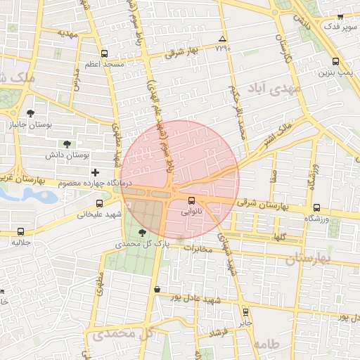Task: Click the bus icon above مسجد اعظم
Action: pyautogui.click(x=105, y=53)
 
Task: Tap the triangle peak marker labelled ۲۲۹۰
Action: pyautogui.click(x=223, y=39)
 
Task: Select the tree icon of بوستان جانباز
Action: pyautogui.click(x=30, y=112)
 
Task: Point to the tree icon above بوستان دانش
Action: pyautogui.click(x=67, y=143)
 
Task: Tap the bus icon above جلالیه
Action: pyautogui.click(x=20, y=231)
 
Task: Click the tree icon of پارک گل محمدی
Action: pyautogui.click(x=143, y=232)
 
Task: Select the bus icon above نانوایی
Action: pyautogui.click(x=191, y=201)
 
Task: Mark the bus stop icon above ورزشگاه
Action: pyautogui.click(x=317, y=208)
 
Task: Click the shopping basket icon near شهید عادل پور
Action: pyautogui.click(x=156, y=289)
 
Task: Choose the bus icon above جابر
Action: pyautogui.click(x=245, y=311)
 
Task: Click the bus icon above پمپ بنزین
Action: pyautogui.click(x=335, y=61)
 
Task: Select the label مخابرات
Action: pyautogui.click(x=197, y=249)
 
